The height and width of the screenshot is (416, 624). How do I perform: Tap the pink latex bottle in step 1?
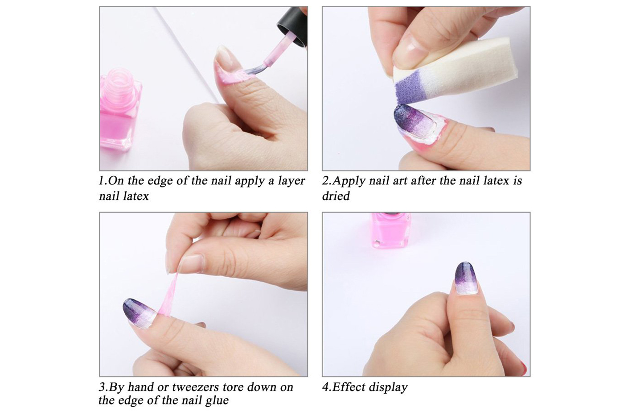click(x=120, y=110)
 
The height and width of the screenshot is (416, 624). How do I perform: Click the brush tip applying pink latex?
click(x=252, y=71)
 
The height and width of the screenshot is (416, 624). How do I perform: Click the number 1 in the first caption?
click(x=102, y=181)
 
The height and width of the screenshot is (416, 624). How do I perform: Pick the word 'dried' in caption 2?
click(x=336, y=196)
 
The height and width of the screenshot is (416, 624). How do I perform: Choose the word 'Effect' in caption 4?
click(x=349, y=387)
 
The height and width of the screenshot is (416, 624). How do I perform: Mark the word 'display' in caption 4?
click(x=388, y=388)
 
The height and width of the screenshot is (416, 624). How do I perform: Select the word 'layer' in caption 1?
click(x=291, y=181)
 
